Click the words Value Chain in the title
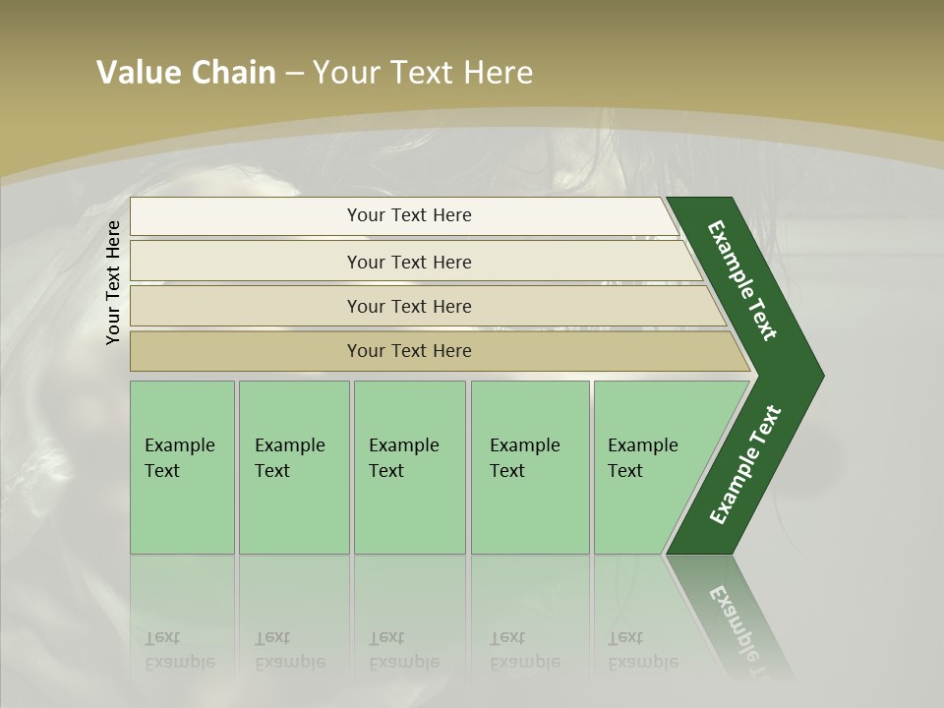pos(186,73)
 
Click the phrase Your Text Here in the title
pos(423,73)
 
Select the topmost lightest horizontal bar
pos(408,215)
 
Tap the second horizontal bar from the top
pos(408,262)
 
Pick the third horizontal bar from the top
pos(408,306)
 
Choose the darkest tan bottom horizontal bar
pos(408,351)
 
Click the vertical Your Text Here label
pos(114,282)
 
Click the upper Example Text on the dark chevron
pos(743,279)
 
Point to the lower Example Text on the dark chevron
pos(745,465)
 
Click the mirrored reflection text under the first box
pos(180,650)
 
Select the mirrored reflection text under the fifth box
pos(643,650)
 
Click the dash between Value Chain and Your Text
pos(293,74)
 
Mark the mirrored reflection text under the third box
pos(404,650)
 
